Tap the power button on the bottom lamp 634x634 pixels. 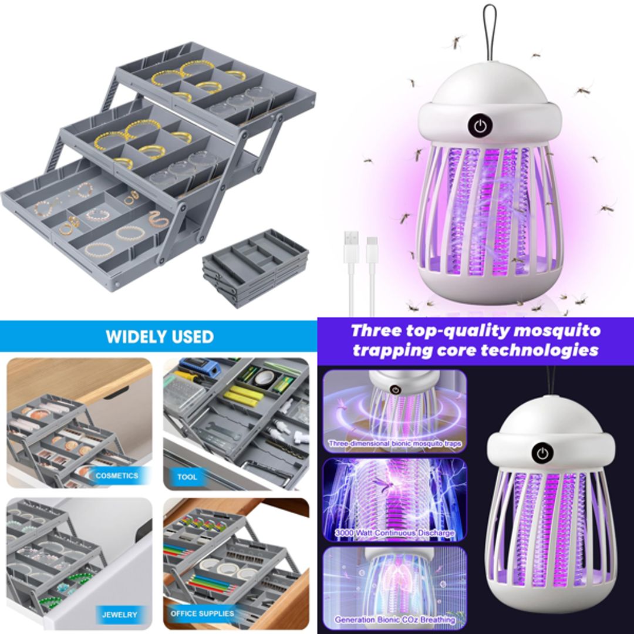pos(543,453)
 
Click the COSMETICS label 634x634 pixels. pos(117,475)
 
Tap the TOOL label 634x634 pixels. pos(187,477)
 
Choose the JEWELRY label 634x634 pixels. pos(119,615)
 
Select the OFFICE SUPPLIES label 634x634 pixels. pos(202,613)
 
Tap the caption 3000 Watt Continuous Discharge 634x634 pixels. pos(395,533)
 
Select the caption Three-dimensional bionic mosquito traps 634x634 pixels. pos(395,444)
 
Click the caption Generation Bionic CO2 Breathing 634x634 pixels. pos(395,620)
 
